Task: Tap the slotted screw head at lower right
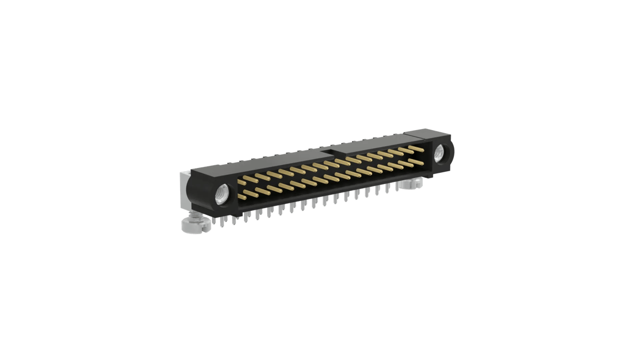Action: [411, 185]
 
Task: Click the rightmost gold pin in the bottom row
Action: [416, 160]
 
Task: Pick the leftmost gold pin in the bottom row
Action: [243, 197]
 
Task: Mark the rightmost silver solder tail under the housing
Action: [397, 187]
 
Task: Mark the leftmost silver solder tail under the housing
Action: [213, 220]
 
